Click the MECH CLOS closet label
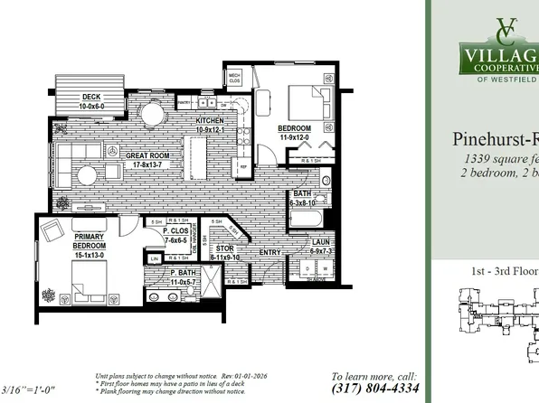(x=233, y=77)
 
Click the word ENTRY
(x=270, y=253)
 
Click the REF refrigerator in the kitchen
(x=243, y=166)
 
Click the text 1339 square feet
(x=493, y=159)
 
